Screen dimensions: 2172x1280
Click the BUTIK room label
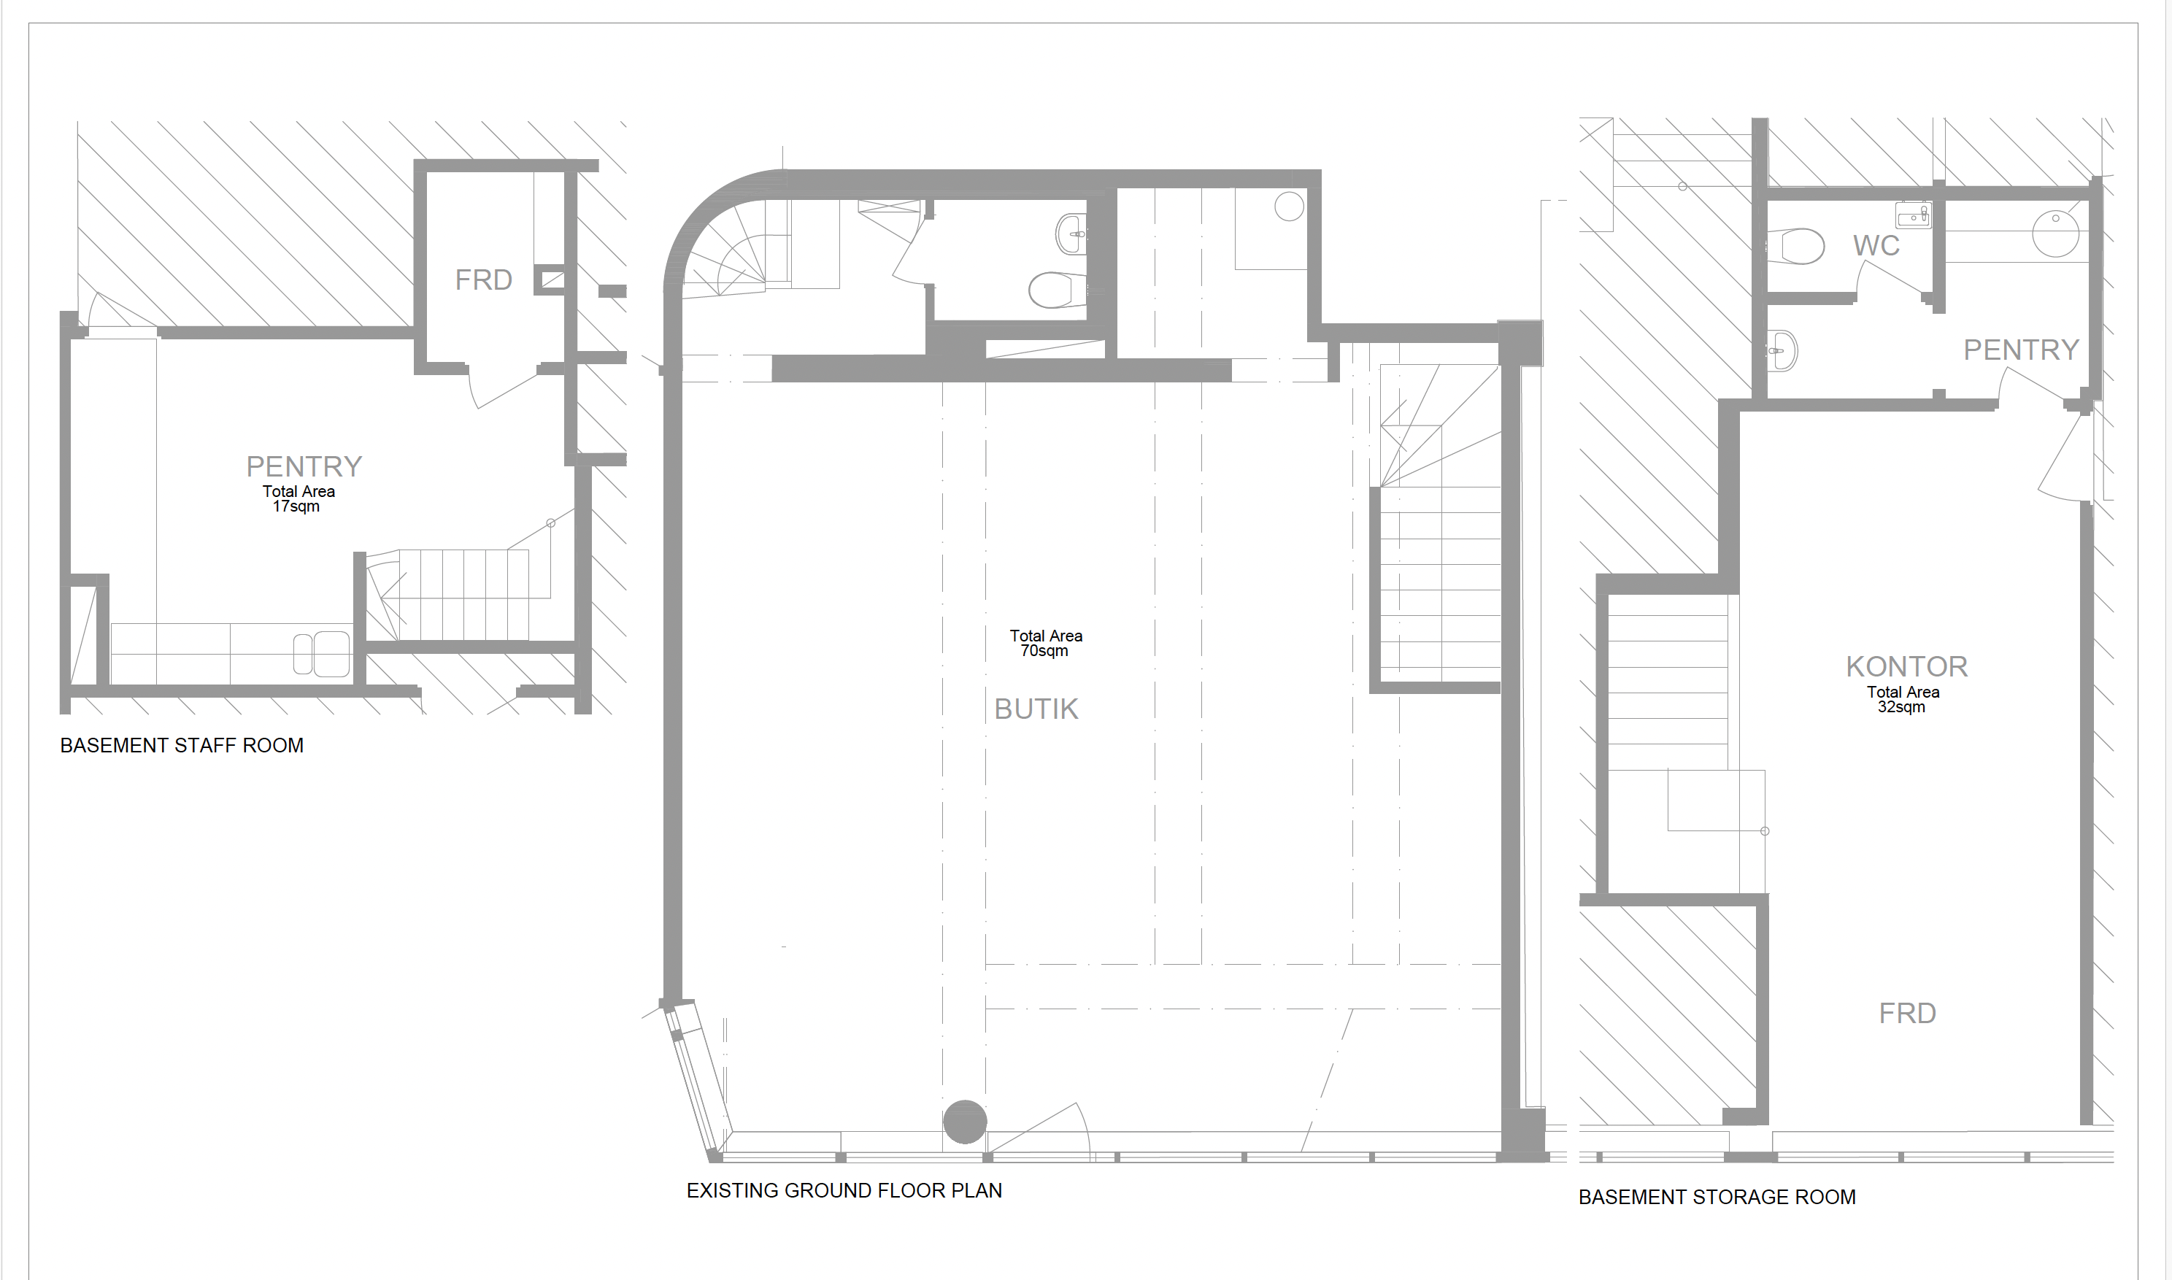(1036, 709)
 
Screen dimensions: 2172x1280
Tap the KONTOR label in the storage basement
(1906, 667)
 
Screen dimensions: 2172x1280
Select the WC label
(1876, 246)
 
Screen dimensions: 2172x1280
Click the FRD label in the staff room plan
(483, 280)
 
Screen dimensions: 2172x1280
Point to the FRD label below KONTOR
(1907, 1014)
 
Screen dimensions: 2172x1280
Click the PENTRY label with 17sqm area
(304, 466)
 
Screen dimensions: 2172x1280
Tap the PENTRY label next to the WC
(2021, 350)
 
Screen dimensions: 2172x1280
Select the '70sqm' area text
(1044, 651)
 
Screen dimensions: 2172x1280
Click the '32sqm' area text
(1901, 707)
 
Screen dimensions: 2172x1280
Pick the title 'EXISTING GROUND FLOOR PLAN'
(844, 1191)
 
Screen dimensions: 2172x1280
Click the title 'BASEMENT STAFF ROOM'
(181, 746)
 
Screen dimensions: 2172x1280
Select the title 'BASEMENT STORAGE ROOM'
(1717, 1198)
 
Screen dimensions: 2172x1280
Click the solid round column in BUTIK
(964, 1122)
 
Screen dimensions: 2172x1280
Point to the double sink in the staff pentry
(322, 654)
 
